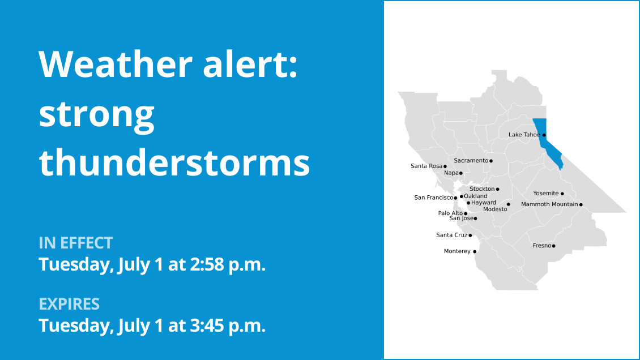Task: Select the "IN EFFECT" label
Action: pyautogui.click(x=76, y=243)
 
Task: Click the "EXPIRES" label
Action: pyautogui.click(x=69, y=304)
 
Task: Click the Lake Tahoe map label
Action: pyautogui.click(x=524, y=135)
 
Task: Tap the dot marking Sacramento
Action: pyautogui.click(x=491, y=161)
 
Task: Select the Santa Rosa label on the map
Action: pyautogui.click(x=426, y=166)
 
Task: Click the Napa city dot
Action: pyautogui.click(x=461, y=173)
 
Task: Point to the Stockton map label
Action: pyautogui.click(x=482, y=189)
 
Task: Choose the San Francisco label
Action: pyautogui.click(x=434, y=198)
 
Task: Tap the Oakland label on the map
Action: pyautogui.click(x=476, y=196)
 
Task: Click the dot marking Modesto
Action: pyautogui.click(x=509, y=204)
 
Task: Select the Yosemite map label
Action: pyautogui.click(x=546, y=194)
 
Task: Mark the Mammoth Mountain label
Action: pyautogui.click(x=549, y=204)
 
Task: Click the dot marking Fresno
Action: pyautogui.click(x=554, y=246)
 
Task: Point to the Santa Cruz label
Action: pyautogui.click(x=451, y=235)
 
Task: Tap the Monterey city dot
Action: pyautogui.click(x=475, y=251)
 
